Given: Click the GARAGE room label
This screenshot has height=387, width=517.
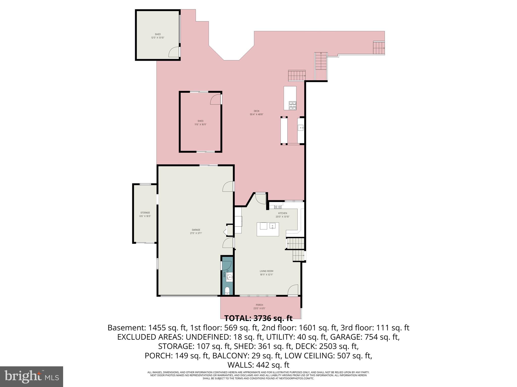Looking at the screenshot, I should pyautogui.click(x=196, y=230).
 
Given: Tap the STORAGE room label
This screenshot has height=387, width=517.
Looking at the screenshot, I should pyautogui.click(x=145, y=213).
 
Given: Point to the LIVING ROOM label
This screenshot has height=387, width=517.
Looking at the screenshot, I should pyautogui.click(x=266, y=271).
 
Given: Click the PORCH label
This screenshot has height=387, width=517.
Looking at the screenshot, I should pyautogui.click(x=259, y=305).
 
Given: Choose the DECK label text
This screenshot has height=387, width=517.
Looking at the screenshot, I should pyautogui.click(x=256, y=111).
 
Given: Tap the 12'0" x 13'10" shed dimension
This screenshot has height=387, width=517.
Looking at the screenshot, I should pyautogui.click(x=158, y=38).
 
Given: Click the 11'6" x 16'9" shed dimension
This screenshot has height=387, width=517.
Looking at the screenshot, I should pyautogui.click(x=200, y=124).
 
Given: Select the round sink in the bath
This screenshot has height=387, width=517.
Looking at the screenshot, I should pyautogui.click(x=230, y=278).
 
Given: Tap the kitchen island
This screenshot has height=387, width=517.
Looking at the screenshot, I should pyautogui.click(x=268, y=229).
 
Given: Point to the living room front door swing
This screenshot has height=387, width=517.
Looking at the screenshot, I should pyautogui.click(x=293, y=289).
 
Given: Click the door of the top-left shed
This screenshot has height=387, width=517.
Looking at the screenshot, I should pyautogui.click(x=174, y=52).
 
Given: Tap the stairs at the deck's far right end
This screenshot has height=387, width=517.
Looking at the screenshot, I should pyautogui.click(x=379, y=48).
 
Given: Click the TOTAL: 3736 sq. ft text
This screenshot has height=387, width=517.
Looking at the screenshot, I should pyautogui.click(x=258, y=318).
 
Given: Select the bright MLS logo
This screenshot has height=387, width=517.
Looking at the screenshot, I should pyautogui.click(x=31, y=377).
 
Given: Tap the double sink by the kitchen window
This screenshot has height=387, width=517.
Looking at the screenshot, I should pyautogui.click(x=278, y=207).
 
